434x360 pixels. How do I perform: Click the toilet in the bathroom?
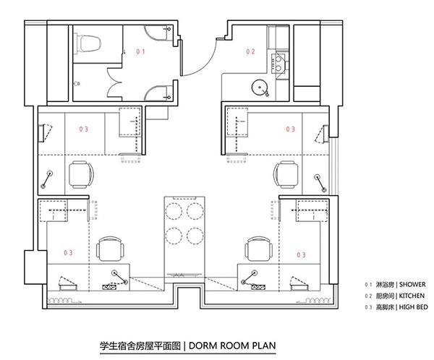87,43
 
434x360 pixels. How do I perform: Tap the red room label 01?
140,51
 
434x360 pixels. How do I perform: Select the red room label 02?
250,51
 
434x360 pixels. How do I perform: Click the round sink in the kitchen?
260,87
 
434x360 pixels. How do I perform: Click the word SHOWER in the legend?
412,285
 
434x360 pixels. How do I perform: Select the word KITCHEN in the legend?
412,296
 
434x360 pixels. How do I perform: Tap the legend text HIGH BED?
413,307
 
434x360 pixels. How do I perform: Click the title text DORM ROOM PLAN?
232,346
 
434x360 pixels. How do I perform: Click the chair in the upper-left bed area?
81,175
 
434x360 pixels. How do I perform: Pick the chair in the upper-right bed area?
286,175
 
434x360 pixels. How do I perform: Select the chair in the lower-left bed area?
110,249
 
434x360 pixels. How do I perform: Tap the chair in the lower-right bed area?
259,249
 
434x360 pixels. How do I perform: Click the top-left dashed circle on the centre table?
174,211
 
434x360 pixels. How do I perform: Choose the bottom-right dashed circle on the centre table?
195,236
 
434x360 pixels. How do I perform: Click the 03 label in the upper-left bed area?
84,129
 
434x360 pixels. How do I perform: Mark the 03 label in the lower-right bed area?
301,255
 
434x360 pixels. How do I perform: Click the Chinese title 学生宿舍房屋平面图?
140,346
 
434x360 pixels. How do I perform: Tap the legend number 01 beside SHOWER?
368,285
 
